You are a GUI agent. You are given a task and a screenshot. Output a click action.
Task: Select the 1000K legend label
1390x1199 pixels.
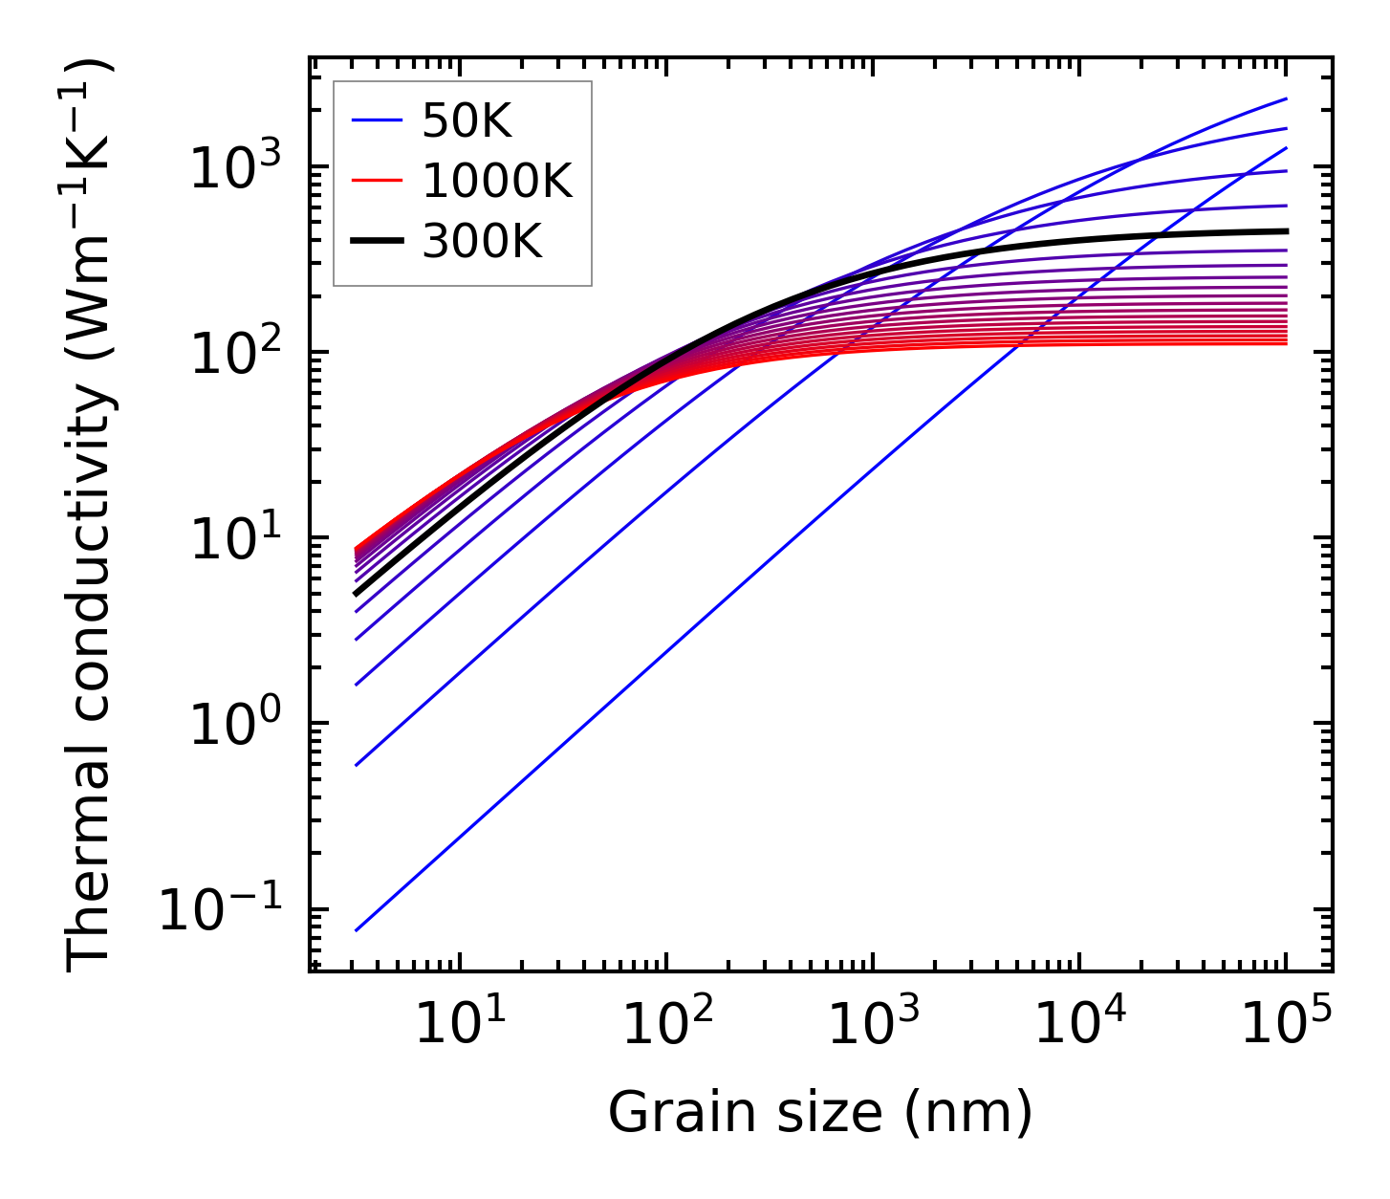click(x=497, y=181)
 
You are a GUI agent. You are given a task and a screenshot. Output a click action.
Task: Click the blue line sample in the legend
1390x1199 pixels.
click(x=378, y=121)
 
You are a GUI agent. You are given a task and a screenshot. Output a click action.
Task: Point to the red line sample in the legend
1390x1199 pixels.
click(x=378, y=181)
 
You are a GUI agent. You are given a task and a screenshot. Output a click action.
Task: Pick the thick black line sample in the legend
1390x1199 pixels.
click(x=378, y=241)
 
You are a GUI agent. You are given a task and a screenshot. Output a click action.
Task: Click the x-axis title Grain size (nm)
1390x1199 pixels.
click(x=820, y=1113)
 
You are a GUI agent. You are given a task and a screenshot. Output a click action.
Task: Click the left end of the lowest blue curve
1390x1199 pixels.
click(x=356, y=930)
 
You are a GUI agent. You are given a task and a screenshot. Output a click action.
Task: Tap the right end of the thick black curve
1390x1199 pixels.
click(x=1286, y=230)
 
